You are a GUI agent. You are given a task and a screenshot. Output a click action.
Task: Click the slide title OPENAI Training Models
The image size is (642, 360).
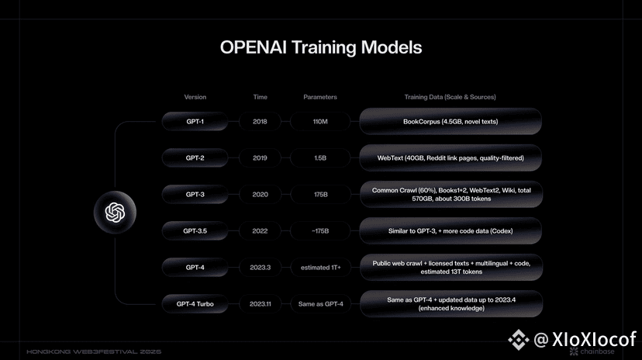321,47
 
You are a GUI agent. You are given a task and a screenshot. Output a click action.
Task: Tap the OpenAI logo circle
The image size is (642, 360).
115,212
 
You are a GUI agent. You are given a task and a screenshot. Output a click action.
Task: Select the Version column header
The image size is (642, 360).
195,97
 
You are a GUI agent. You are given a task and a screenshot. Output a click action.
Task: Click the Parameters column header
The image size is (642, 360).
320,97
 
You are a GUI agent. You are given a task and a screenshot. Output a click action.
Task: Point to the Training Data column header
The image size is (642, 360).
450,97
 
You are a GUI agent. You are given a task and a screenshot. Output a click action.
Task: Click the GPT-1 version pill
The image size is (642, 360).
195,122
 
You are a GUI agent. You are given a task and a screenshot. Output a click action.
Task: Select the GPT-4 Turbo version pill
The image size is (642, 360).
195,304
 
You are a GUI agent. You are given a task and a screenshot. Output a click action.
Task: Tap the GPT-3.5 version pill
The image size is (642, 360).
195,231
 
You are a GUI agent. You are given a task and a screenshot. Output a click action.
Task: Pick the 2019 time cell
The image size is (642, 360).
260,158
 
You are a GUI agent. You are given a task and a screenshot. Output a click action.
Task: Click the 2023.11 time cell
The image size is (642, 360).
260,304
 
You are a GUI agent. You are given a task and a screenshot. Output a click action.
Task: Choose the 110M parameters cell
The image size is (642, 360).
320,122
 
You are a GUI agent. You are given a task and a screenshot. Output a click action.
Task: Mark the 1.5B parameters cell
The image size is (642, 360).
320,158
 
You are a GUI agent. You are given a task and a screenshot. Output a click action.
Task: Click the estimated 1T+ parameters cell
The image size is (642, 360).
320,268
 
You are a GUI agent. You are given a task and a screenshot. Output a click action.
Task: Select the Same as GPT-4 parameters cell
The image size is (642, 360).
320,304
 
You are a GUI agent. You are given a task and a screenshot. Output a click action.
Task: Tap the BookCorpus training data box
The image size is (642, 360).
450,122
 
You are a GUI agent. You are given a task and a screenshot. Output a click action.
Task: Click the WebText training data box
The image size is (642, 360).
450,158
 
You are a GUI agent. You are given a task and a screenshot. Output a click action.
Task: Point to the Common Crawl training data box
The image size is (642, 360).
451,195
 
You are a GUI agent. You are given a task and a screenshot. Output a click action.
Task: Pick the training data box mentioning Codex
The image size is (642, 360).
450,231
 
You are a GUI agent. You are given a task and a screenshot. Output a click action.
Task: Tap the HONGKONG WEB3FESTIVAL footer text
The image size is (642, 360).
94,351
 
